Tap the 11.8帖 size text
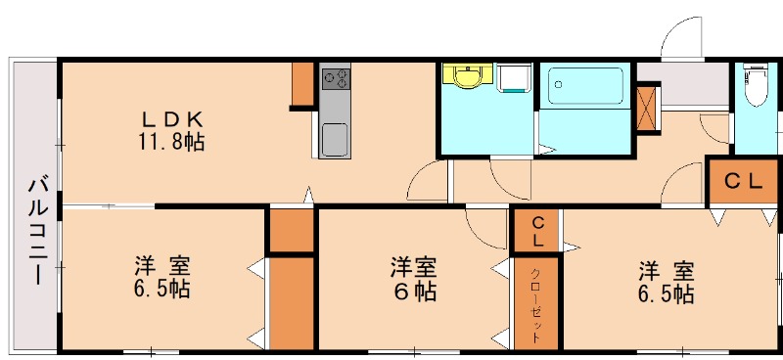tap(170, 142)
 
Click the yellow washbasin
tap(468, 77)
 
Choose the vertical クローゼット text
tap(537, 303)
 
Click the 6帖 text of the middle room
tap(412, 291)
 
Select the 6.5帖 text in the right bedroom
tap(668, 292)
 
